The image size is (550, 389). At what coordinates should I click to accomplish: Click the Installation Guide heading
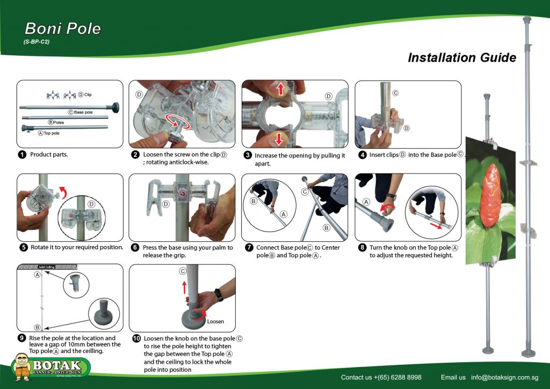(462, 57)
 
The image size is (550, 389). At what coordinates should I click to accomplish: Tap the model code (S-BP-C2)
(37, 41)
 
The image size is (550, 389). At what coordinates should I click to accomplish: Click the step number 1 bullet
(22, 155)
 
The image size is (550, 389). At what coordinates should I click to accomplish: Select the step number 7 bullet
(249, 248)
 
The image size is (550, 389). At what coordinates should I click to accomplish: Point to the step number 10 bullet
(136, 339)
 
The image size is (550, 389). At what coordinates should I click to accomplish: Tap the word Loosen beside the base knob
(215, 321)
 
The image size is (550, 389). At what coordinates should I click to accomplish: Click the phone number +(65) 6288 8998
(391, 377)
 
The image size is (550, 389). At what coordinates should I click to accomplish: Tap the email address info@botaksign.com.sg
(504, 377)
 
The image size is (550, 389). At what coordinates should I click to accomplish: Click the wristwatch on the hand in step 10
(219, 294)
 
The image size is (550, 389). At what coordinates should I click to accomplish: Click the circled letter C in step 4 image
(395, 93)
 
